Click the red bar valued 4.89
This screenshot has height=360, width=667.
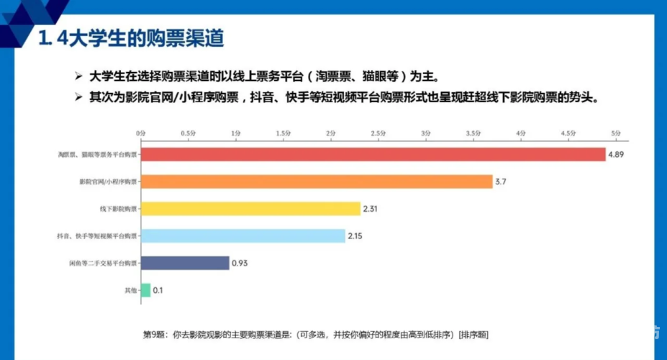pyautogui.click(x=373, y=154)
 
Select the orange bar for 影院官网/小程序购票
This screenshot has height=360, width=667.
pyautogui.click(x=317, y=181)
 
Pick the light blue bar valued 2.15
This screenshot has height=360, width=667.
pyautogui.click(x=242, y=235)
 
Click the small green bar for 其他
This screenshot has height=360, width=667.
pyautogui.click(x=145, y=290)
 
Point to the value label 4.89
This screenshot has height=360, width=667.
pyautogui.click(x=616, y=155)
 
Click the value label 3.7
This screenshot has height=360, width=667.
pyautogui.click(x=501, y=182)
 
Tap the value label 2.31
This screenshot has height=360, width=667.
pyautogui.click(x=371, y=209)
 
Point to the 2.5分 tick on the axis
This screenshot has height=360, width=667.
pyautogui.click(x=378, y=133)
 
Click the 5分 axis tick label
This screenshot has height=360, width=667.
pyautogui.click(x=615, y=133)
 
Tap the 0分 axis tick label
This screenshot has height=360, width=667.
pyautogui.click(x=140, y=133)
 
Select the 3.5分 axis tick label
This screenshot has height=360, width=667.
pyautogui.click(x=473, y=133)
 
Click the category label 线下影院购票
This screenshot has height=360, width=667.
pyautogui.click(x=117, y=209)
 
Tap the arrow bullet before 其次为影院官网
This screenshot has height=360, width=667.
pyautogui.click(x=79, y=97)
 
